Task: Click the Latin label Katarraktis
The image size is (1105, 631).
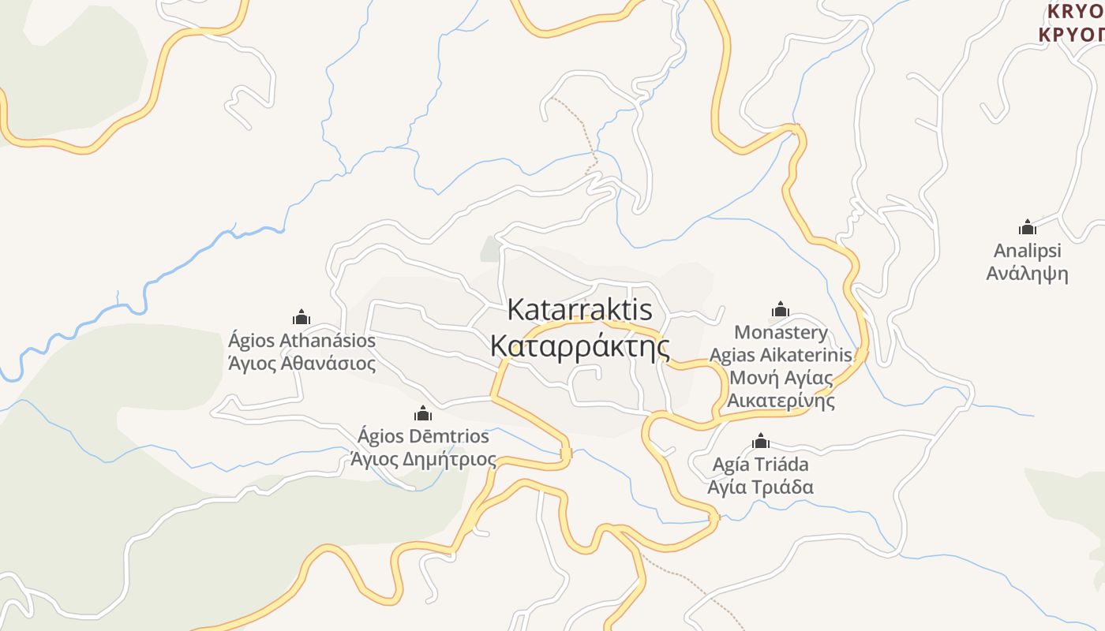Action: (x=579, y=309)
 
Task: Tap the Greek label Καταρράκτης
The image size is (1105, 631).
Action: (x=579, y=346)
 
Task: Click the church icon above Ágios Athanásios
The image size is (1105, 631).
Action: (x=302, y=317)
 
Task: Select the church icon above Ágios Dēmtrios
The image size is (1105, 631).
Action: (x=423, y=413)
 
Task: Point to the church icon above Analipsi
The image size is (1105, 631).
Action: (x=1027, y=227)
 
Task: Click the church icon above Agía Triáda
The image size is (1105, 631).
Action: (x=761, y=440)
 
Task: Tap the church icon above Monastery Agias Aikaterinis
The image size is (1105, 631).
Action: (x=781, y=308)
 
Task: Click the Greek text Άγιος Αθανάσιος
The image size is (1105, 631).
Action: (x=302, y=364)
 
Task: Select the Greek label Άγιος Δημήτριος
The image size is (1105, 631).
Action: (x=423, y=459)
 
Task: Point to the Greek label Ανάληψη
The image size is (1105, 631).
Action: (x=1027, y=274)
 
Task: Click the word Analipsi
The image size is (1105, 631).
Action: (x=1027, y=251)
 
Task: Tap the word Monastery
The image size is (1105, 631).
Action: (x=781, y=332)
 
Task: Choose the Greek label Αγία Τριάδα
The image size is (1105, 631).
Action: (x=760, y=487)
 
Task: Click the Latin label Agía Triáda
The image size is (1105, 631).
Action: (x=760, y=463)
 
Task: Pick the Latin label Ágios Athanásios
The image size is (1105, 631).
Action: (x=302, y=341)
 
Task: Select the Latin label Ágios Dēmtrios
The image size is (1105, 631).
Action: (x=423, y=436)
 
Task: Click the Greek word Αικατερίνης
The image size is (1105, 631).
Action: (x=781, y=401)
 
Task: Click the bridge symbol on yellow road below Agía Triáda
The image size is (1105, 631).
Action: (x=714, y=517)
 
